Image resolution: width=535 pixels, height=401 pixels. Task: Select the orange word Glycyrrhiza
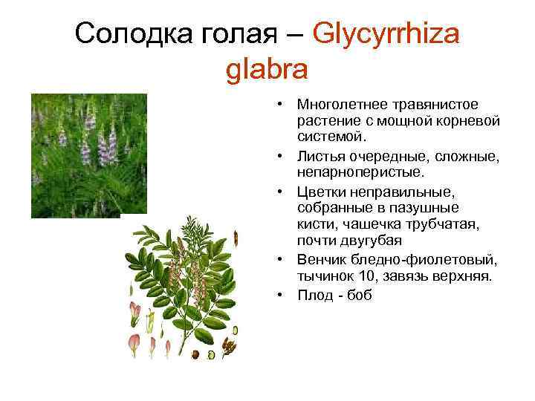387,33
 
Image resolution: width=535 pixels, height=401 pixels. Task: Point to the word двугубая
369,240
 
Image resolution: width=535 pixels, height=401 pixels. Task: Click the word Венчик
320,259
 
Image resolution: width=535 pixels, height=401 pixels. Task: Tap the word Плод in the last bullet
313,295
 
